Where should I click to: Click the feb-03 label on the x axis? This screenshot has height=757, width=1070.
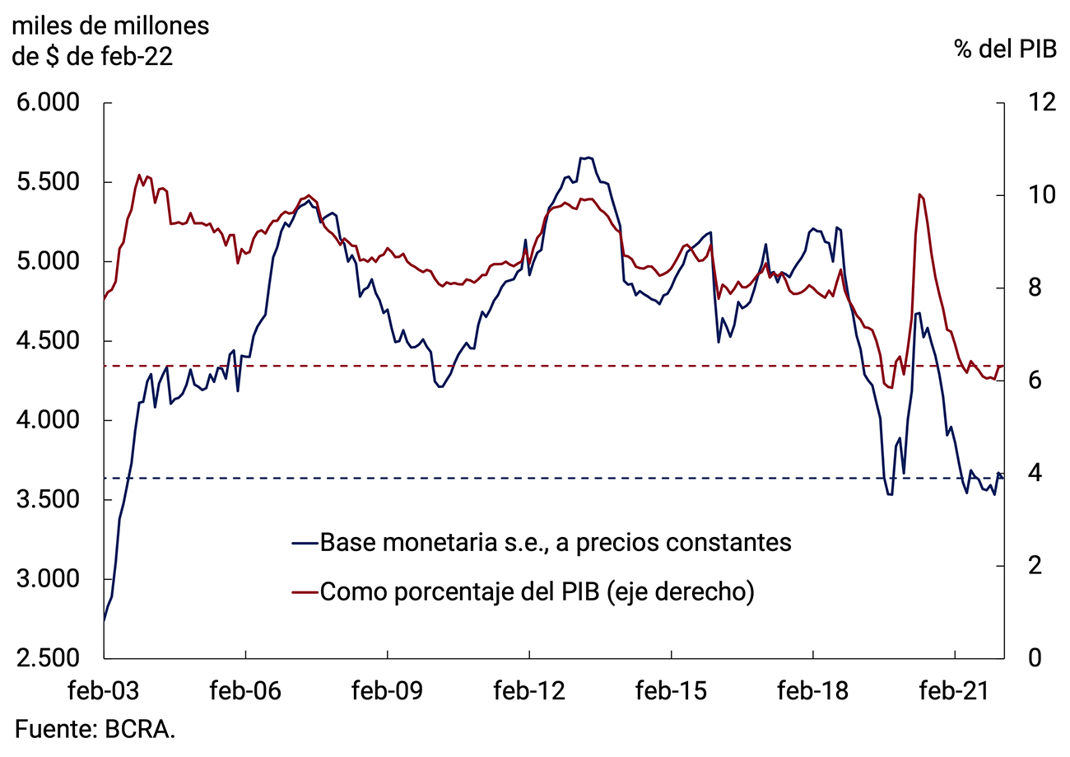(104, 690)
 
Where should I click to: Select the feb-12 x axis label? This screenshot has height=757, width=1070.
(529, 690)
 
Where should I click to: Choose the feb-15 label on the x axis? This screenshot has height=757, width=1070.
(672, 690)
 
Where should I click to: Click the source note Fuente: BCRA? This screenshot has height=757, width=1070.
(95, 728)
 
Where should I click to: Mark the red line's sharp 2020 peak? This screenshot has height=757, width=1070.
(919, 194)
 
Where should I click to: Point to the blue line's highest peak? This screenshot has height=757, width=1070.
(586, 157)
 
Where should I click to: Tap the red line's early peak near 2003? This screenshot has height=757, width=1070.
(139, 175)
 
